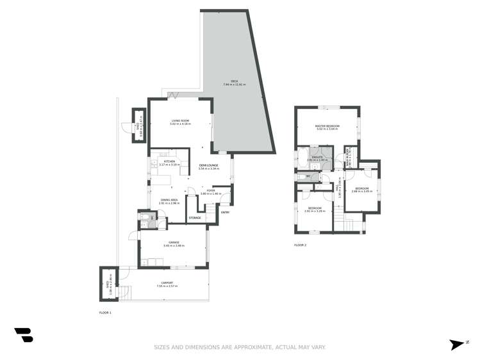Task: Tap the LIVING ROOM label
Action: (179, 120)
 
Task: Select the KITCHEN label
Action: (170, 161)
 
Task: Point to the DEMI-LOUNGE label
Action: (209, 165)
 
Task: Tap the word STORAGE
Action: (194, 218)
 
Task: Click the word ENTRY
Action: (224, 212)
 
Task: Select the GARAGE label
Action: (174, 242)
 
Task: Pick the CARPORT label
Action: (165, 283)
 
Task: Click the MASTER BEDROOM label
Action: (327, 126)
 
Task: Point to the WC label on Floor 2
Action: (308, 176)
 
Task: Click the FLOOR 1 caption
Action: (106, 312)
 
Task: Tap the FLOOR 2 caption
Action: (301, 245)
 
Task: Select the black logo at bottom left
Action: (24, 334)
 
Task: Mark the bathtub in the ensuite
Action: (302, 156)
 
